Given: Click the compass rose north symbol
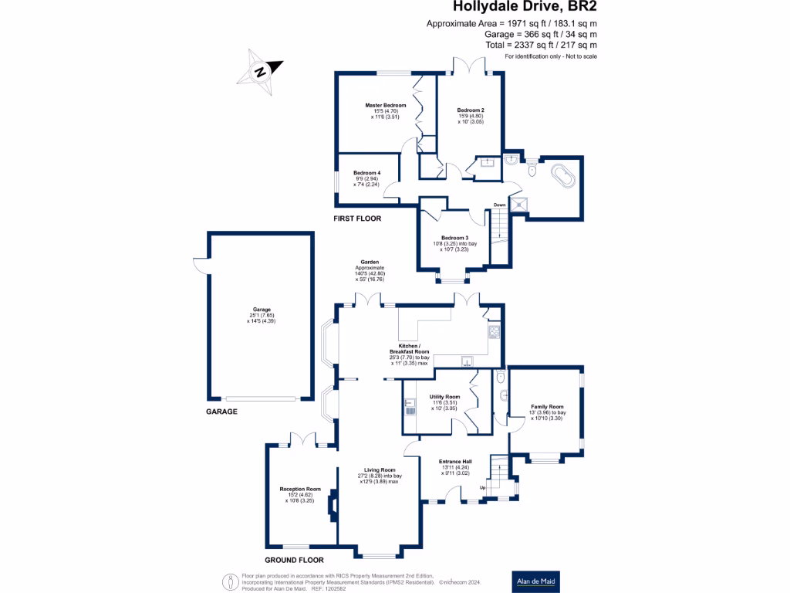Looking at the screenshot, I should (x=261, y=72).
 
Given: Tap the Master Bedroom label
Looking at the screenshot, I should (x=386, y=105).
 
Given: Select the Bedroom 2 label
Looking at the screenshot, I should (x=470, y=110).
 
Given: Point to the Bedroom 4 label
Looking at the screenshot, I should (x=367, y=172).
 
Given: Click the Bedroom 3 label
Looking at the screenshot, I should (x=454, y=238).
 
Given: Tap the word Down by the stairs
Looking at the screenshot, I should (x=499, y=205).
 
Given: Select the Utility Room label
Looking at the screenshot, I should (x=444, y=397).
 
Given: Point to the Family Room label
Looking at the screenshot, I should (x=547, y=406).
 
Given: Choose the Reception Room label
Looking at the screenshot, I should (x=300, y=489).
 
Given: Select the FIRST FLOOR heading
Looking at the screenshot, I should (x=357, y=219).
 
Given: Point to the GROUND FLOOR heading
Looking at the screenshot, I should (x=294, y=560).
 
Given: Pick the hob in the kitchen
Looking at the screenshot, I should (x=492, y=333).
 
